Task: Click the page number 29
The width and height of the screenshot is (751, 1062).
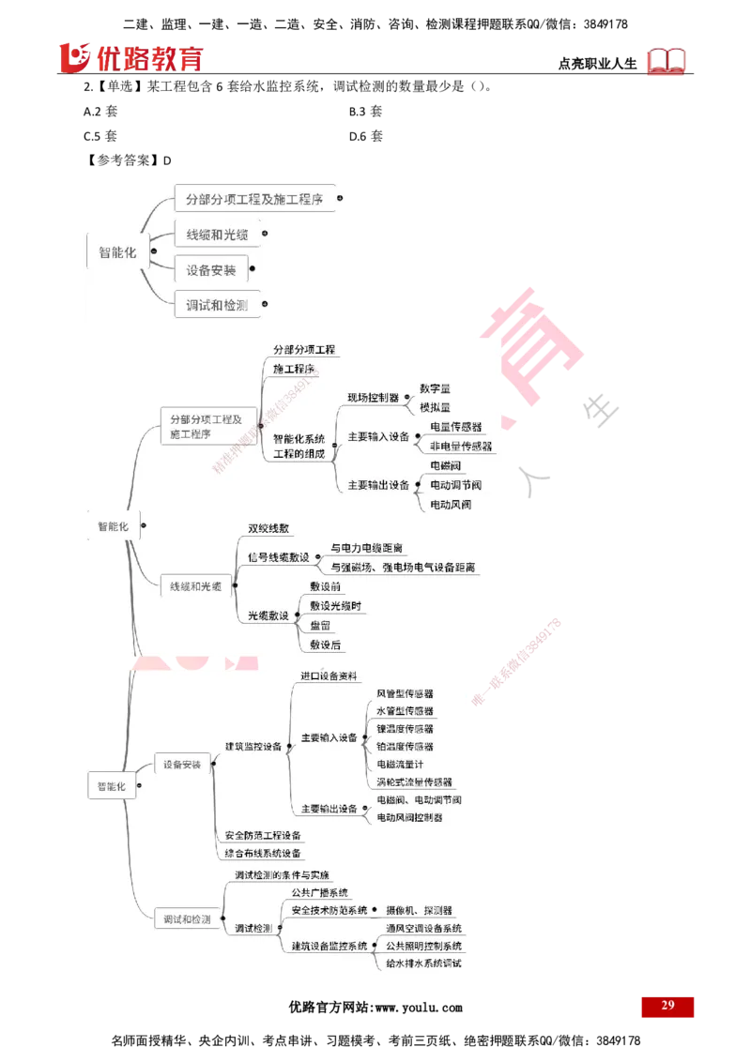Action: (667, 1005)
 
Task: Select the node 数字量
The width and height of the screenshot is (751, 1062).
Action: (435, 387)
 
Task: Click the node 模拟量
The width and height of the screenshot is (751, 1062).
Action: (435, 407)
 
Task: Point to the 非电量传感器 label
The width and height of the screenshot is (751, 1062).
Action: (460, 447)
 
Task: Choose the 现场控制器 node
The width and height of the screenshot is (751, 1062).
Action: (374, 398)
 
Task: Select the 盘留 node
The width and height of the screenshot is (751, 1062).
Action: (320, 625)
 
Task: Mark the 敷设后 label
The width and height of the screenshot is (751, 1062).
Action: (326, 645)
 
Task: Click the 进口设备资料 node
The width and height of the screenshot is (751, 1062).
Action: (329, 675)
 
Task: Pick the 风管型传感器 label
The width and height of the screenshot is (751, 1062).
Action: (405, 694)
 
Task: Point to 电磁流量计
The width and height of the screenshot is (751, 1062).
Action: (400, 765)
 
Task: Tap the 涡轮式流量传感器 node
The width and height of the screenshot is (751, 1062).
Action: (414, 781)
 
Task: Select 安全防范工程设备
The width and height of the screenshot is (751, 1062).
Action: (263, 835)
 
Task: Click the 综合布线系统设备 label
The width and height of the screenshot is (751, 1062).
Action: (263, 853)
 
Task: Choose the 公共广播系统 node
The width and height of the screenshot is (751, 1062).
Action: (319, 892)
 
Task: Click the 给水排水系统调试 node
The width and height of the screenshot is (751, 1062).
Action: (423, 963)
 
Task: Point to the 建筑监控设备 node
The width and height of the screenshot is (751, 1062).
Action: (253, 747)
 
